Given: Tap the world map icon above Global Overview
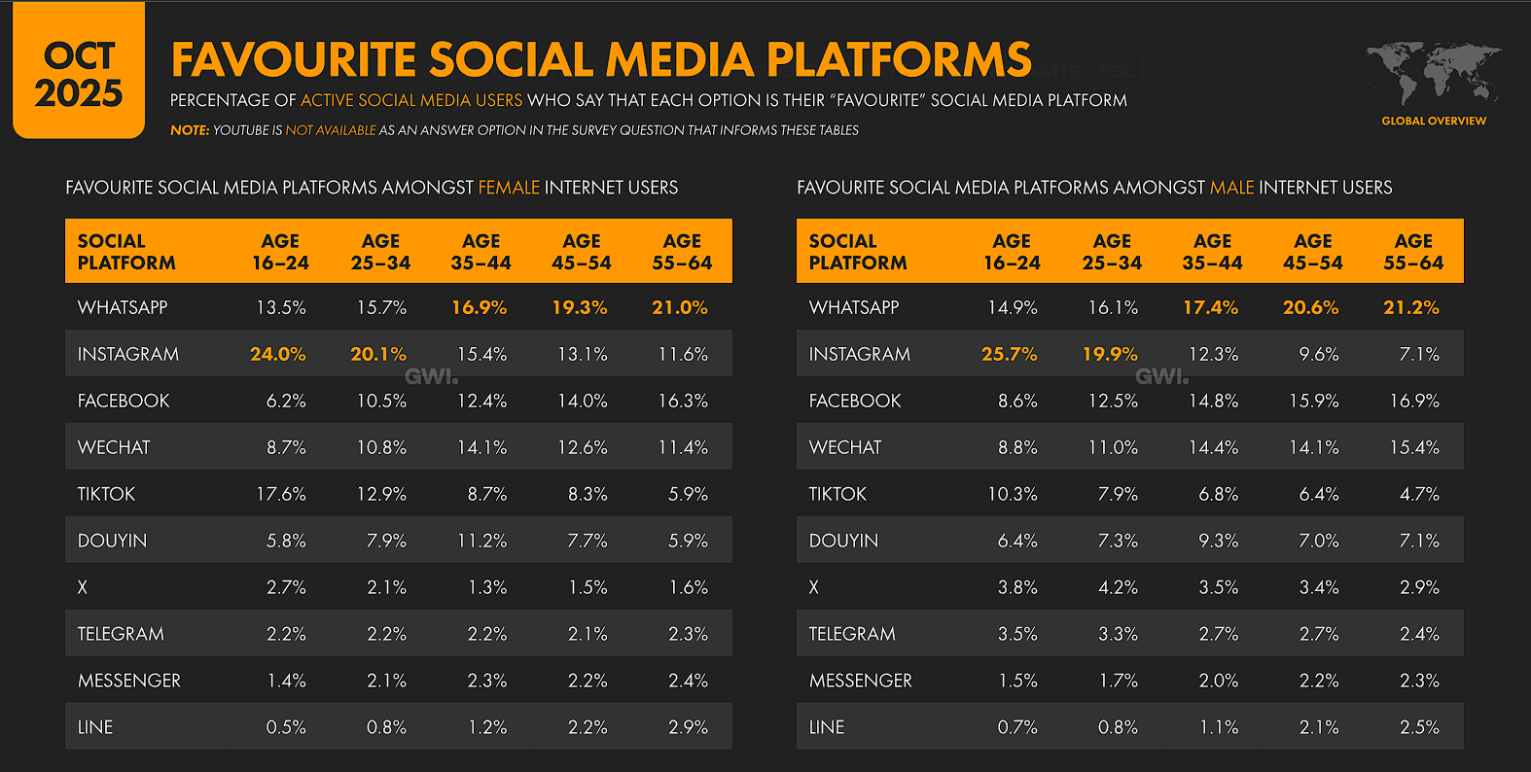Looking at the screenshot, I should [x=1433, y=72].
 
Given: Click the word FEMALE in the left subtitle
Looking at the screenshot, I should [x=509, y=188].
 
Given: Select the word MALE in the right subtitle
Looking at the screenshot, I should [x=1231, y=188].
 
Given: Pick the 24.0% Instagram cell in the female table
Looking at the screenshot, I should [x=278, y=354].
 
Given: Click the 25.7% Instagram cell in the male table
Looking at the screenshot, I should [x=1010, y=354].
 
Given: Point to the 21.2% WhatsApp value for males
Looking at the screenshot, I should [x=1411, y=307].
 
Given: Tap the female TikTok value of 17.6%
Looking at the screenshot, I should [x=281, y=494].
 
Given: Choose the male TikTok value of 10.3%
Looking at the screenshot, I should [x=1013, y=494].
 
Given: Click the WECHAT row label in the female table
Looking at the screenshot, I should [x=114, y=447].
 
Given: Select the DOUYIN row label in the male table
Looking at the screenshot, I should [x=843, y=541].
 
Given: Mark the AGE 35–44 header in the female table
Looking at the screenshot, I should [x=481, y=252].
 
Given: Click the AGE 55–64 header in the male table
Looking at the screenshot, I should [x=1413, y=252].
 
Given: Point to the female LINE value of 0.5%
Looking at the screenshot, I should [x=286, y=727].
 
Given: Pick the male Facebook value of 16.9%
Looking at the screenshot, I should [x=1414, y=401].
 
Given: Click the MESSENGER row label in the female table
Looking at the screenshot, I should [x=129, y=681].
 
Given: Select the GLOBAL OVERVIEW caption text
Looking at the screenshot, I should [x=1434, y=121].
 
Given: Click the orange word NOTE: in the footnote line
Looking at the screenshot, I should [x=190, y=130].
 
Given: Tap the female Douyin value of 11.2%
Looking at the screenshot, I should [x=482, y=541].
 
